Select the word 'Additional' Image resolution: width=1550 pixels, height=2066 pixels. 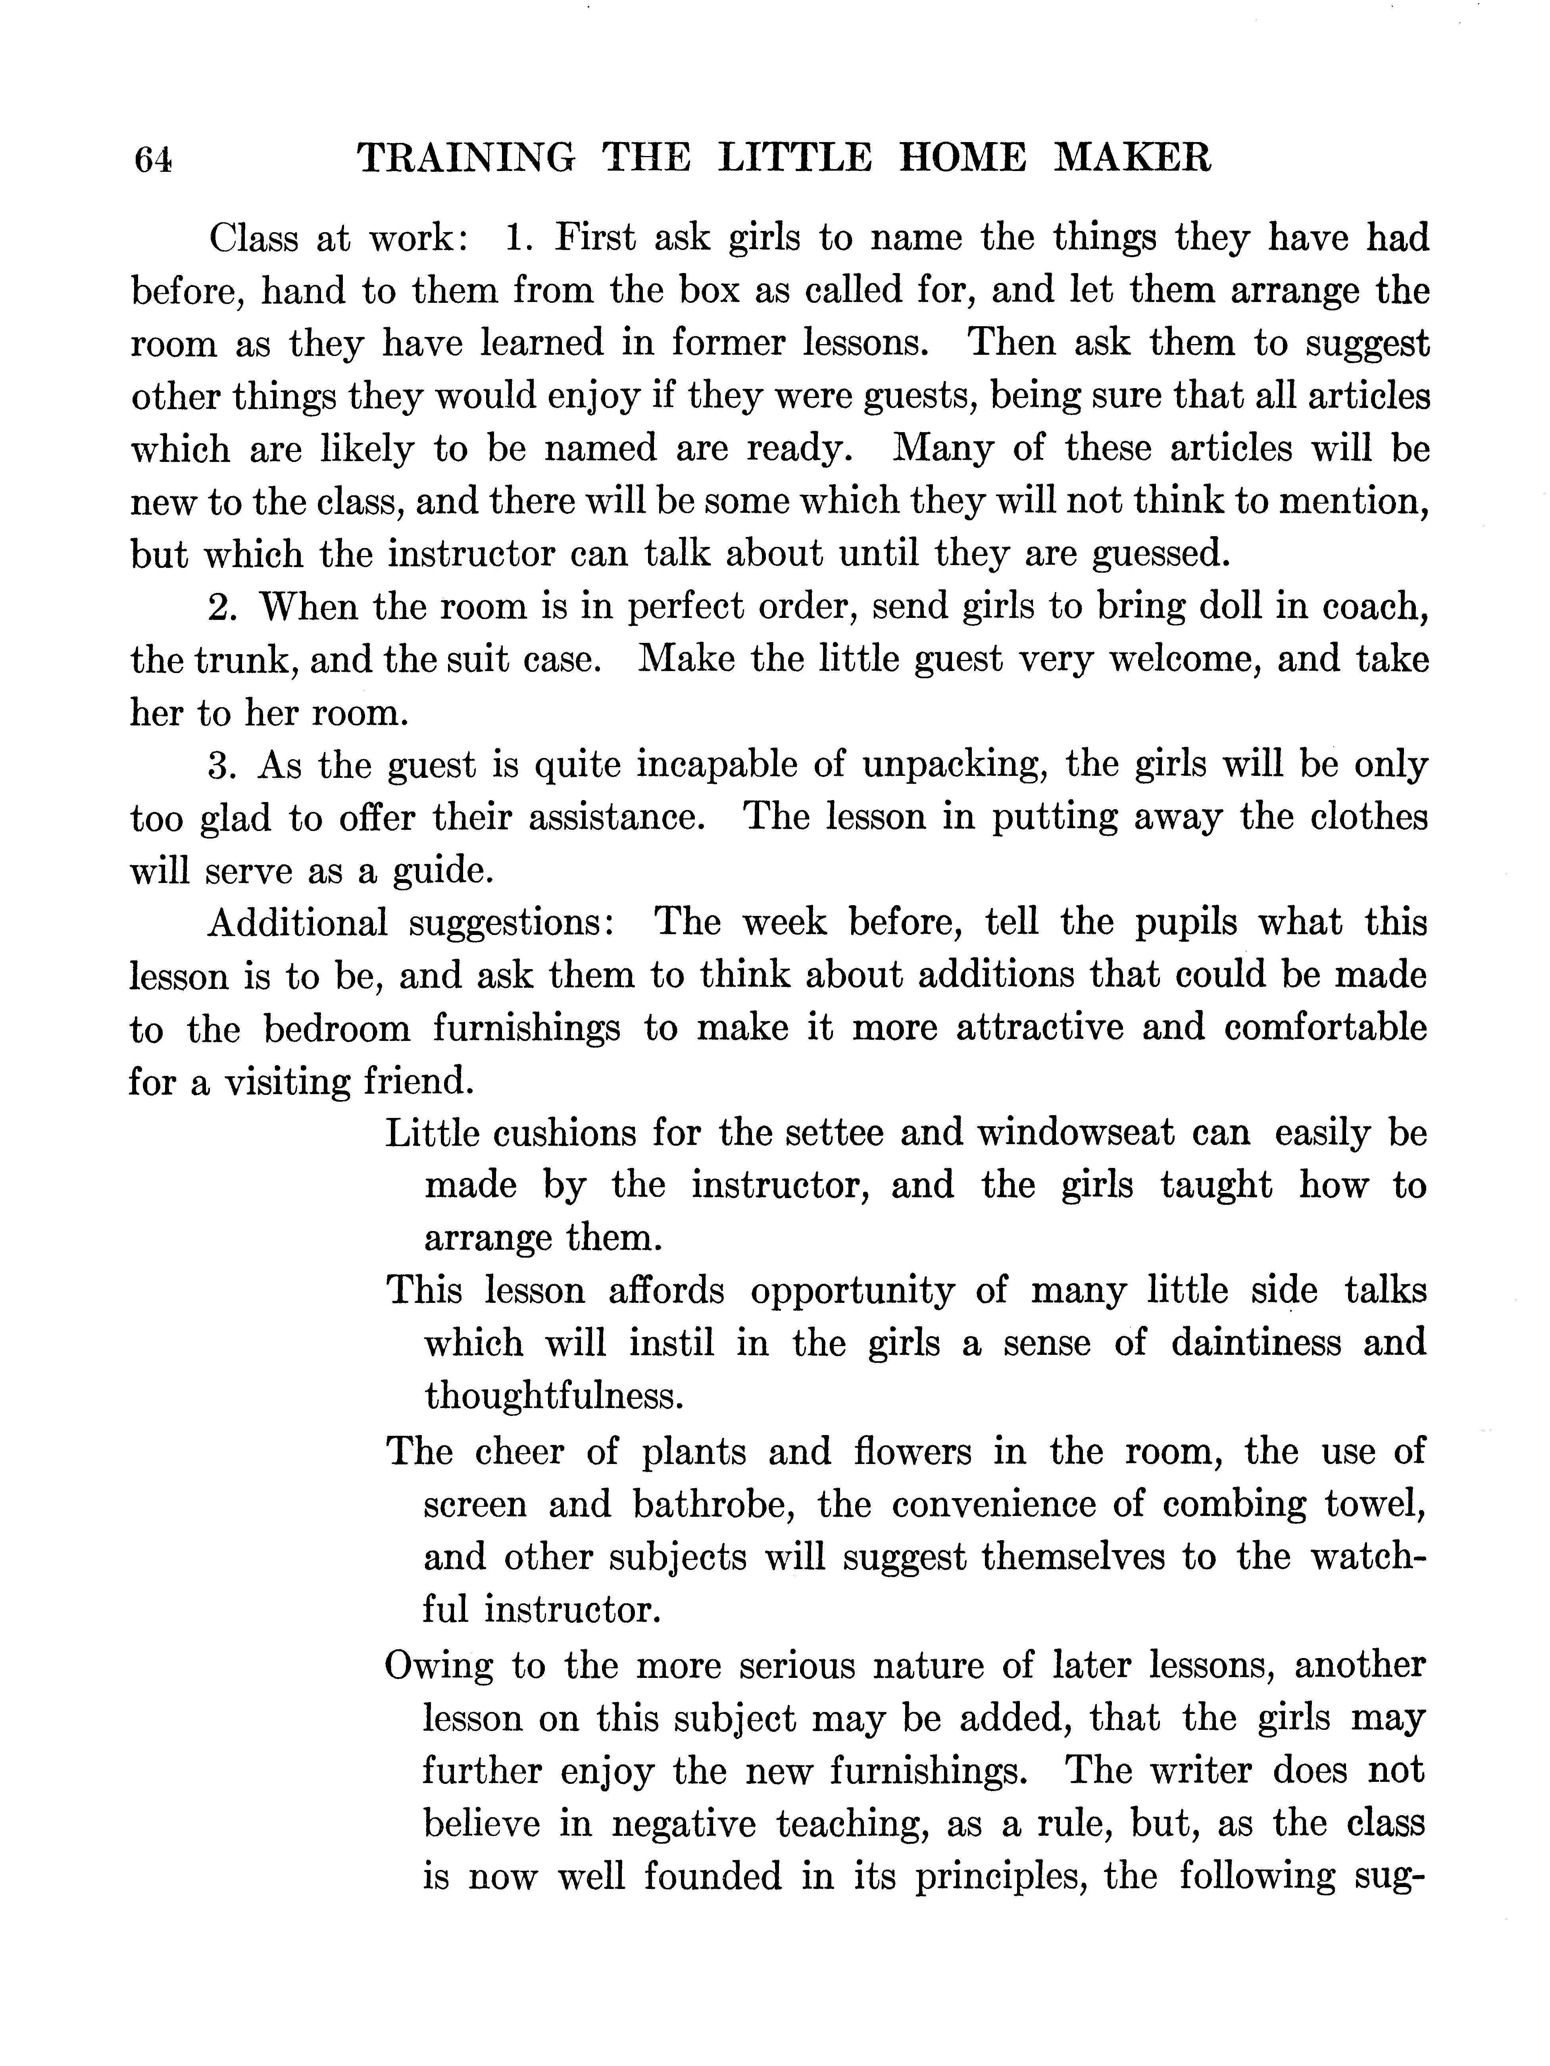[x=297, y=923]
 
